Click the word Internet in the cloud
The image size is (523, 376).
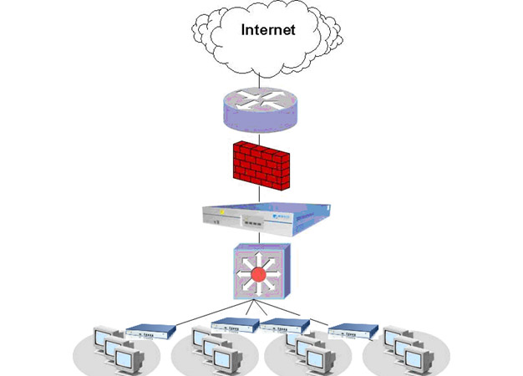[268, 31]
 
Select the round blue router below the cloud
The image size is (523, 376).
[261, 108]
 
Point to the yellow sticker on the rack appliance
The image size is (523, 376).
[222, 221]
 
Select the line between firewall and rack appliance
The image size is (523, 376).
[260, 197]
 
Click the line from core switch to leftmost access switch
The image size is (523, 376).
[201, 316]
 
